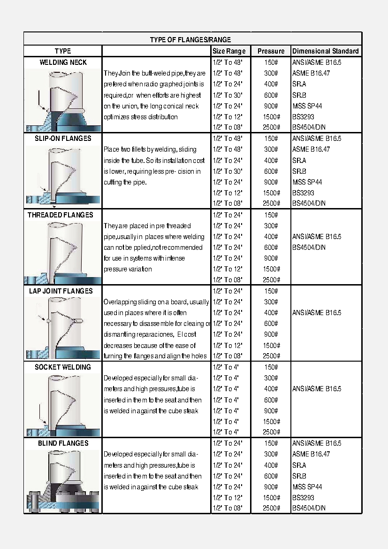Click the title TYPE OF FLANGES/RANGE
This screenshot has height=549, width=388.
(x=190, y=40)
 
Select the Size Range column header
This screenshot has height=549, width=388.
(x=228, y=51)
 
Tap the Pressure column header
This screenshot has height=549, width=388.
(x=271, y=51)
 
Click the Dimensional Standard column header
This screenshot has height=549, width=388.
(x=325, y=51)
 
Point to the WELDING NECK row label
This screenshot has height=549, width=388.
(x=63, y=62)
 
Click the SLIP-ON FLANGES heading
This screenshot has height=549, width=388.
(x=63, y=139)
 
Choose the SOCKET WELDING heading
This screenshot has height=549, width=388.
(x=63, y=367)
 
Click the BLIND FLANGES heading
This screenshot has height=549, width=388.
(x=63, y=443)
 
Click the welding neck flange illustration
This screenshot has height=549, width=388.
(x=62, y=100)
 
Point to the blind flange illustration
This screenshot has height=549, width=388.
(x=62, y=481)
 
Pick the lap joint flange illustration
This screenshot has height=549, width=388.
(x=62, y=328)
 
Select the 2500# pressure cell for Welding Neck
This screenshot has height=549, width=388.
(x=271, y=127)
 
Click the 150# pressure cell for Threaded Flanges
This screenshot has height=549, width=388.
(x=271, y=215)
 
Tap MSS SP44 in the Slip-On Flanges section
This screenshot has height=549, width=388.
(x=307, y=182)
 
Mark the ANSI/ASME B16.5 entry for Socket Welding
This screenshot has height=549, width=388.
(x=317, y=389)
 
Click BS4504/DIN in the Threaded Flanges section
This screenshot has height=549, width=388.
(x=309, y=247)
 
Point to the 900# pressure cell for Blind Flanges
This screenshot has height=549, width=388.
(x=271, y=487)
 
